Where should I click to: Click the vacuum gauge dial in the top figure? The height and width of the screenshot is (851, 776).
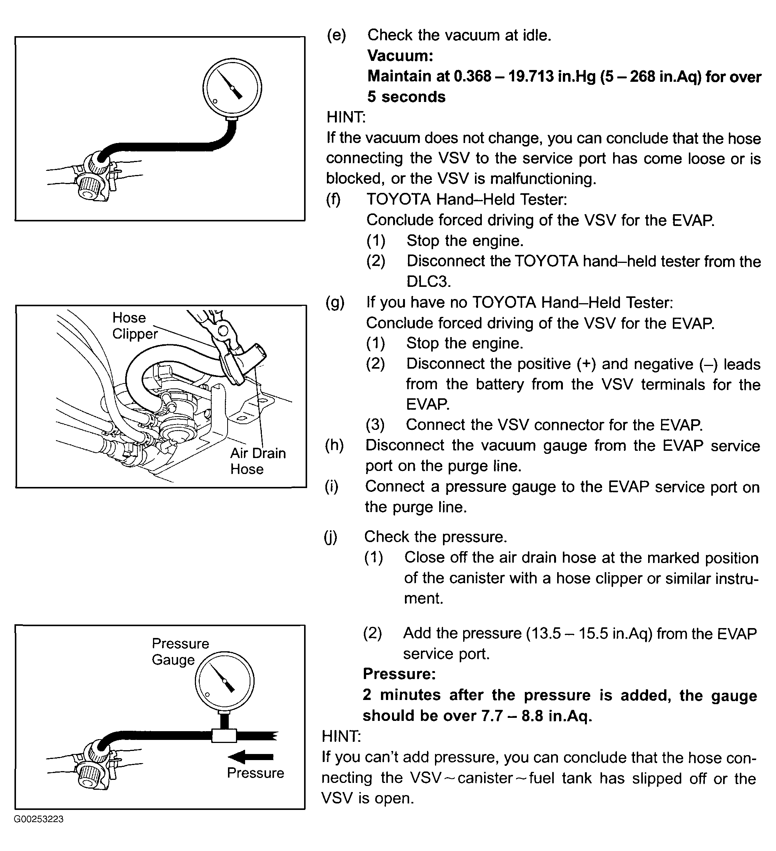[232, 87]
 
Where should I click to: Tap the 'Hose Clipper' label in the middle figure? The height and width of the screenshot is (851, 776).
[134, 326]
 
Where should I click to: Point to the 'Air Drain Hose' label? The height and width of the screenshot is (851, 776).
[258, 461]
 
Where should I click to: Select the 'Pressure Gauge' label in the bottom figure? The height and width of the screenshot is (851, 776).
[180, 651]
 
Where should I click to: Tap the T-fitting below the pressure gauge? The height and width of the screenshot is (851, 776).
[224, 736]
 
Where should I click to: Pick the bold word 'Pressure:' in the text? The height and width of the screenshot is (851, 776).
[399, 674]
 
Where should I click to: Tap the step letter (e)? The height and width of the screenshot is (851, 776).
[336, 35]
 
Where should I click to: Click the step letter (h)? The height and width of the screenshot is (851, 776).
[335, 445]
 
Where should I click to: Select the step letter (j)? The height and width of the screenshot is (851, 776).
[331, 536]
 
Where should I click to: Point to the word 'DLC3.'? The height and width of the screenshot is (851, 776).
[429, 281]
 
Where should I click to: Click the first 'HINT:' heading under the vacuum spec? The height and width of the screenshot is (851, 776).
[346, 117]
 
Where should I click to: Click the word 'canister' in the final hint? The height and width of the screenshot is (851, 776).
[485, 778]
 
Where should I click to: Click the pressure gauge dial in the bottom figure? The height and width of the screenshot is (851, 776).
[224, 681]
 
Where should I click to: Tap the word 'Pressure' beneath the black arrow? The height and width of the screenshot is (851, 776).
[255, 773]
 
